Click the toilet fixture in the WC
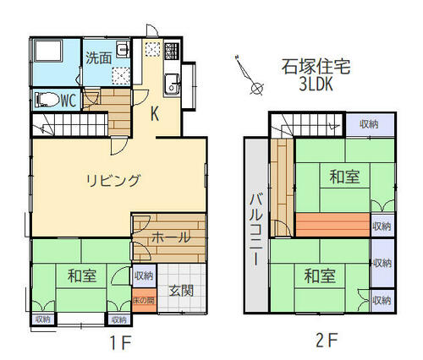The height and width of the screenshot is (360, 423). tap(47, 100)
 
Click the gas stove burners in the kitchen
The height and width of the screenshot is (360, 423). tap(172, 51)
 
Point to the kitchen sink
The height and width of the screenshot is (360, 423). tap(172, 85)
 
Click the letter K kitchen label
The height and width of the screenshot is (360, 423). tap(155, 114)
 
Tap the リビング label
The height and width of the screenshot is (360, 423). tap(113, 181)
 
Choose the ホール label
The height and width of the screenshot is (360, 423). tap(171, 238)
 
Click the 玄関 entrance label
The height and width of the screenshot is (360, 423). tap(181, 291)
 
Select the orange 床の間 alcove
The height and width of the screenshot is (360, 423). tap(144, 300)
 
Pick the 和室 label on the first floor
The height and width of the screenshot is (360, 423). tap(82, 275)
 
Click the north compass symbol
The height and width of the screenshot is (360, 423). tap(249, 74)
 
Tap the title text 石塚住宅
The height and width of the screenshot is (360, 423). tap(316, 67)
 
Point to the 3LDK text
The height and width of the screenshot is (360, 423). tap(316, 84)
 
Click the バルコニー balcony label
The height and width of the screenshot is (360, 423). tap(256, 230)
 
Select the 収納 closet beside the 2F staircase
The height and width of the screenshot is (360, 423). tap(370, 125)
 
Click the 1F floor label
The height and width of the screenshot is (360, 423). tap(120, 342)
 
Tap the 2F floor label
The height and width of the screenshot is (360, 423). tap(327, 341)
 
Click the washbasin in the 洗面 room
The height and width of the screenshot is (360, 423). tap(123, 49)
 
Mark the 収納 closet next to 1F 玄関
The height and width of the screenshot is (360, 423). tap(144, 275)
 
